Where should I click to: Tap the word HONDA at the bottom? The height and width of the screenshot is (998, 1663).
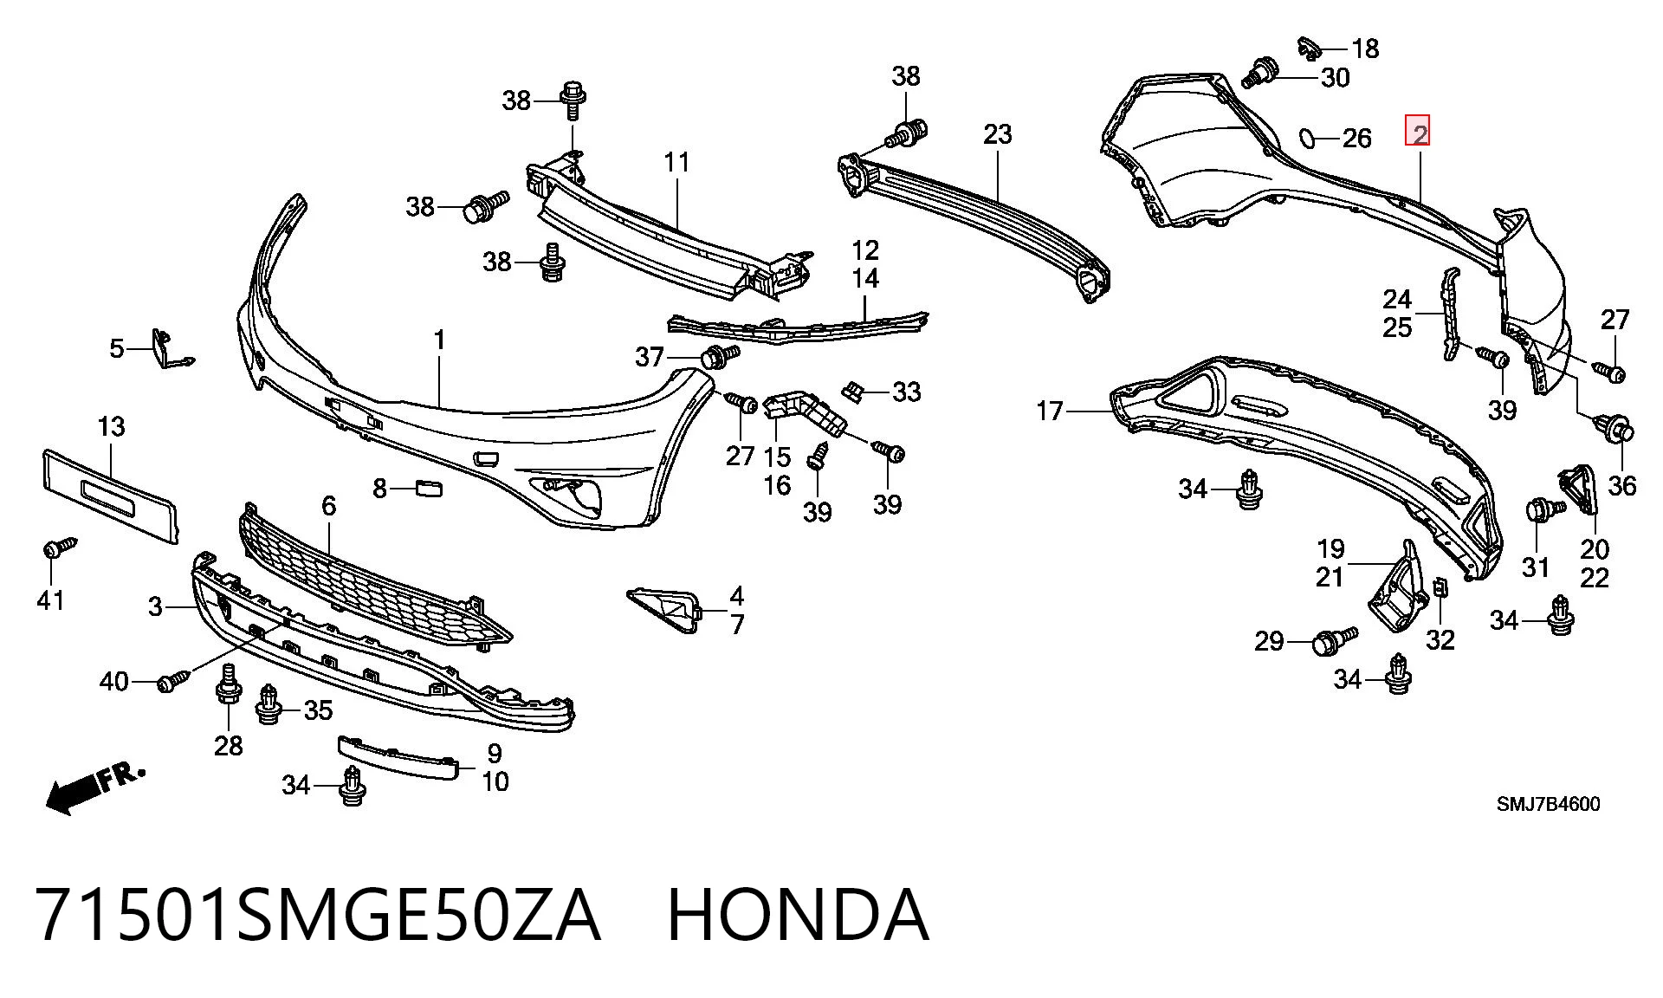pyautogui.click(x=798, y=916)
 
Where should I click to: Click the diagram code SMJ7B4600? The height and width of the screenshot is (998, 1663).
pyautogui.click(x=1549, y=804)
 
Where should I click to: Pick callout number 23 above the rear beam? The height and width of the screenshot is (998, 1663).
pyautogui.click(x=997, y=134)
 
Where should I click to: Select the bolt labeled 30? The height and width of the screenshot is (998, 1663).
pyautogui.click(x=1260, y=72)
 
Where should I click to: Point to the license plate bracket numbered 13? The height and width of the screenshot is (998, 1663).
pyautogui.click(x=111, y=495)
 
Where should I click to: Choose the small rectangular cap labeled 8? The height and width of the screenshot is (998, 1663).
pyautogui.click(x=429, y=489)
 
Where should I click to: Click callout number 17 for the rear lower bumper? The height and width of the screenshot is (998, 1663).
pyautogui.click(x=1049, y=411)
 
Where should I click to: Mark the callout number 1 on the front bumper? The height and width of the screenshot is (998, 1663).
pyautogui.click(x=439, y=340)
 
